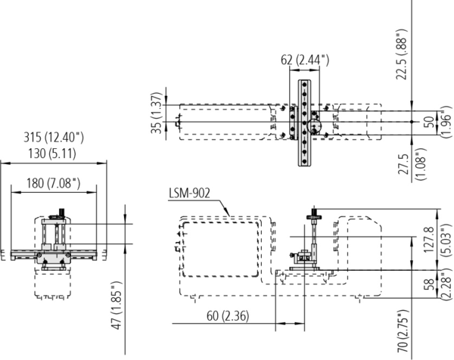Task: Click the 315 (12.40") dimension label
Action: point(54,137)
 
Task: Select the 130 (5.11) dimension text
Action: point(52,153)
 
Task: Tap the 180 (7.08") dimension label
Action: point(53,183)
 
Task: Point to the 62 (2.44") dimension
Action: point(305,60)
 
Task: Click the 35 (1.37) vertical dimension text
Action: point(157,113)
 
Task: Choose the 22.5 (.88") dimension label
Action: point(402,54)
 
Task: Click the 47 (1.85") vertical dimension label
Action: point(117,305)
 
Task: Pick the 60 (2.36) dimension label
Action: point(228,315)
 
